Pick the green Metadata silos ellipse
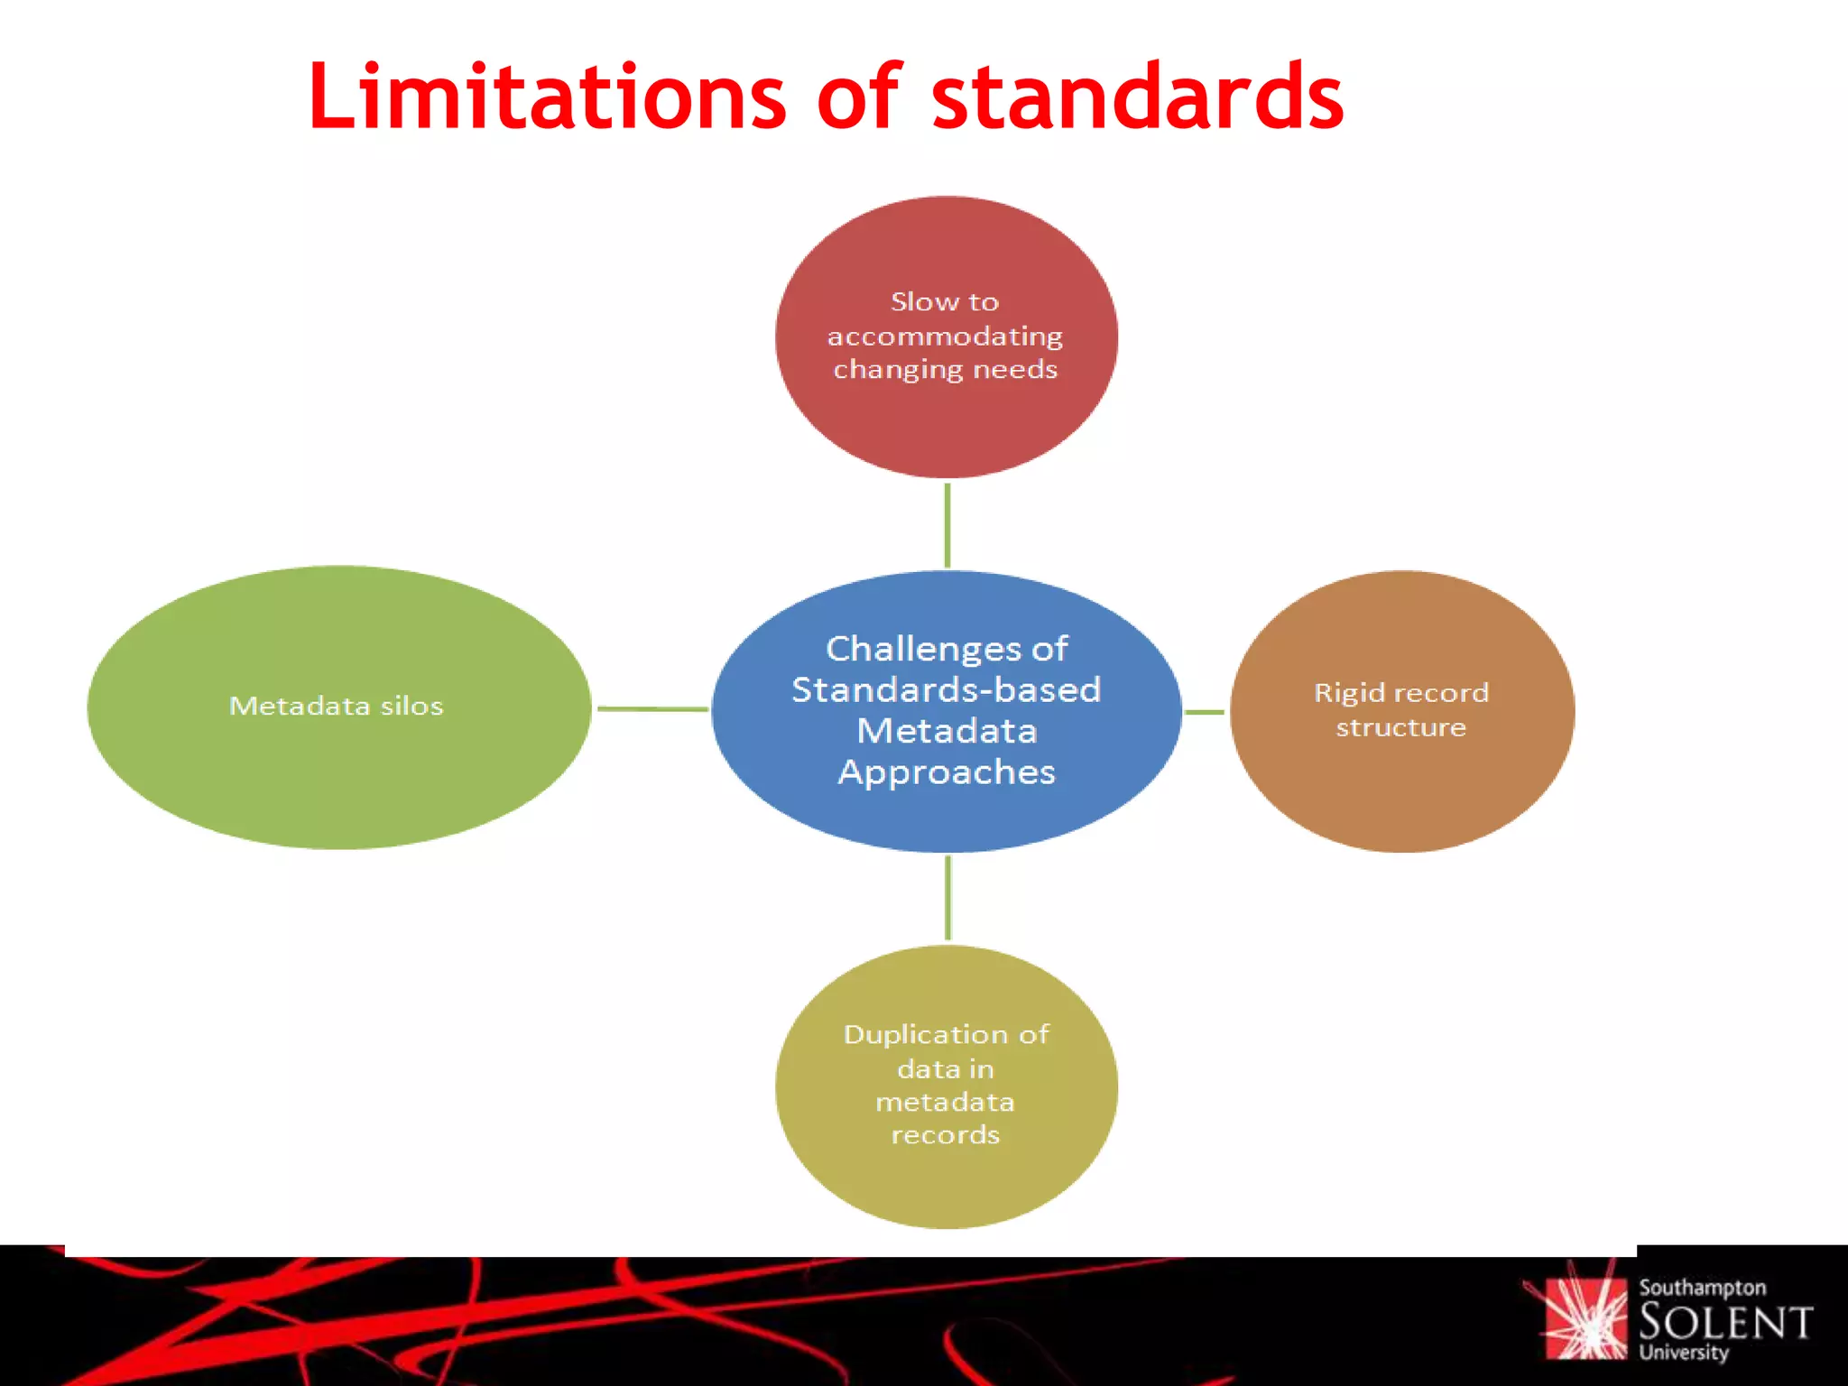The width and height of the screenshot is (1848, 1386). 338,776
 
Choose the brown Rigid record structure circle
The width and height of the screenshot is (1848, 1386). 1401,785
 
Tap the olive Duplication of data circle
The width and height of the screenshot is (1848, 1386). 946,1182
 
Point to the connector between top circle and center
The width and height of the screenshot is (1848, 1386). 947,525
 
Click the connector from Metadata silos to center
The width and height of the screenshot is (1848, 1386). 651,709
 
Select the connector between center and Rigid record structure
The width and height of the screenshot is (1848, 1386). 1205,712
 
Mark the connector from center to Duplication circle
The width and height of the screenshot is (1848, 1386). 947,898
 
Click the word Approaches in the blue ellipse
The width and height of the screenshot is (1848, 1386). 946,772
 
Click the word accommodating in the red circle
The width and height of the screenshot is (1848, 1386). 945,337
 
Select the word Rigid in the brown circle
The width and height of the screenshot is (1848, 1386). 1348,693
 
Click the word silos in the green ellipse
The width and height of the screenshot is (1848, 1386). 411,706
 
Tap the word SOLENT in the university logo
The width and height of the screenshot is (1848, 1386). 1724,1323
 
